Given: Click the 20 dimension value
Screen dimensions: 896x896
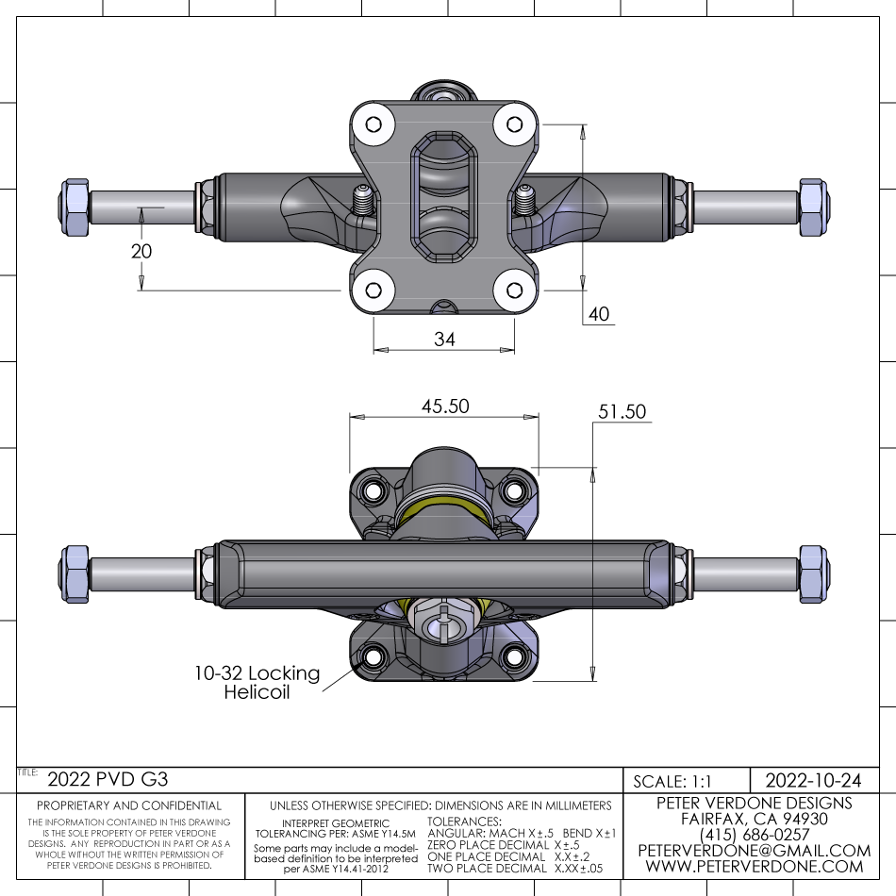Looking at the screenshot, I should tap(141, 252).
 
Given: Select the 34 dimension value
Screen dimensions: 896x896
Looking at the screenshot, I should tap(444, 340).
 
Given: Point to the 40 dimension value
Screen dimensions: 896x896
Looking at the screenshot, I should tap(600, 314).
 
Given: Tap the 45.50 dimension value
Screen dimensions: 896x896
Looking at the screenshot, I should tap(444, 406).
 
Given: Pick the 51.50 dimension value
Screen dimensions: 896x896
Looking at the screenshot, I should tap(622, 411).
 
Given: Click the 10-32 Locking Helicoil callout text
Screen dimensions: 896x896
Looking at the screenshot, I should tap(257, 683).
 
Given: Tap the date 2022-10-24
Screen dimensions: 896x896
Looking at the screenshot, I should tap(813, 780).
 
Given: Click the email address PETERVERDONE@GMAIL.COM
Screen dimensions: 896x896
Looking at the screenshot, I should tap(754, 851).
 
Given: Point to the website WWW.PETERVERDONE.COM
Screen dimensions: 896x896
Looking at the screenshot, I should tap(754, 867).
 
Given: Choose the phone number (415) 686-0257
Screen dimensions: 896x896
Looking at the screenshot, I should tap(754, 835).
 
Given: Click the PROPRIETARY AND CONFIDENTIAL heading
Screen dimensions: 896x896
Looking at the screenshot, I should tap(129, 805).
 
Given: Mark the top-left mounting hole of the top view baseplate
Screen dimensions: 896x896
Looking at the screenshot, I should tap(373, 125).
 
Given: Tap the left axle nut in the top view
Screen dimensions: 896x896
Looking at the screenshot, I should tap(75, 207).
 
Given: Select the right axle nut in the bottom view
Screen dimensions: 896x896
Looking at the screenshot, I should tap(812, 573).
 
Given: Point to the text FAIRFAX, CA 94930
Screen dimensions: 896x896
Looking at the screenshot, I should tap(754, 819).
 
